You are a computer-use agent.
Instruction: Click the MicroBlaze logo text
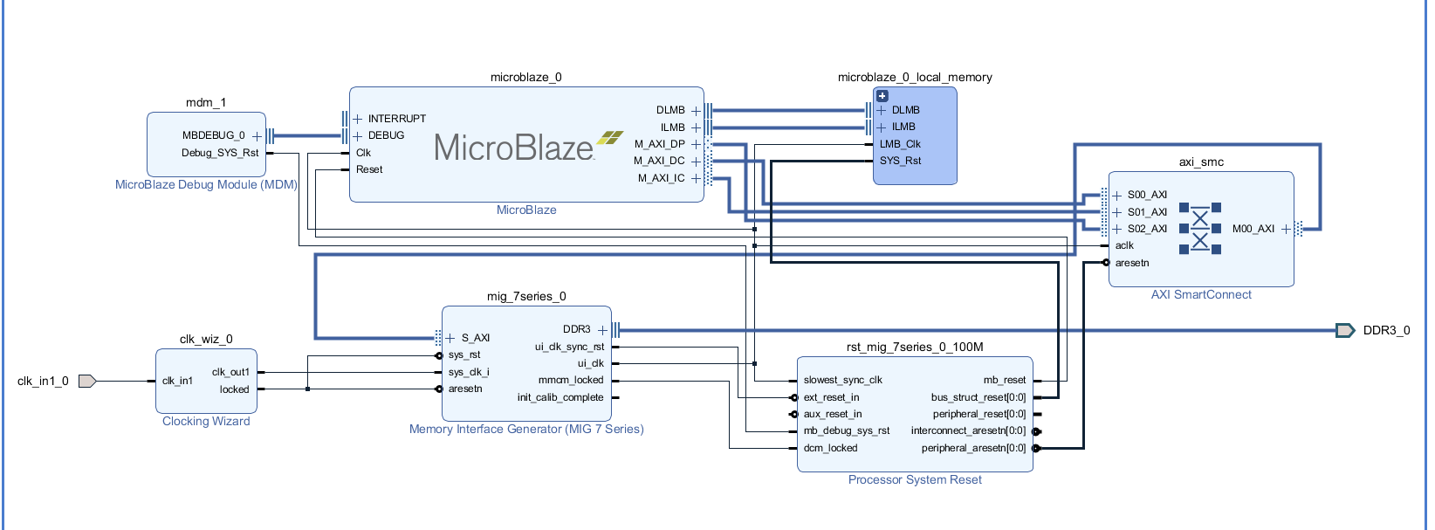(x=515, y=148)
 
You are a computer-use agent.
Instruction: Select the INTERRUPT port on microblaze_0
(x=396, y=119)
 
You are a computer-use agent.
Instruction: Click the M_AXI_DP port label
(x=659, y=144)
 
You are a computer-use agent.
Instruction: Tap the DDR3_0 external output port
(x=1345, y=330)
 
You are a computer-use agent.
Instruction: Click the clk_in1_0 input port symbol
(x=86, y=381)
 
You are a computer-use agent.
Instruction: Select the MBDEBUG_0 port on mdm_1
(x=213, y=135)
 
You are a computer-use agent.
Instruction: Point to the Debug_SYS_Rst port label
(x=220, y=153)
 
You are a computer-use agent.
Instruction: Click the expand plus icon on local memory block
(x=882, y=96)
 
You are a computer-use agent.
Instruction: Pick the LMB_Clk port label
(x=900, y=144)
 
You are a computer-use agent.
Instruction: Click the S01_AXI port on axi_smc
(x=1147, y=212)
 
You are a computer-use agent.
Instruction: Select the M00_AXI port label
(x=1253, y=229)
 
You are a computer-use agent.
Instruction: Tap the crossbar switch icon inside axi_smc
(x=1200, y=229)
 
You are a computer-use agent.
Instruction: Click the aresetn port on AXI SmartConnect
(x=1132, y=263)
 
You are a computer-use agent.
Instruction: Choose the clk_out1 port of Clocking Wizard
(x=230, y=372)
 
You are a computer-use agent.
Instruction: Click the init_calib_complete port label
(x=560, y=397)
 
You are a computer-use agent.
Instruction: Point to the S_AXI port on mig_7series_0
(x=476, y=338)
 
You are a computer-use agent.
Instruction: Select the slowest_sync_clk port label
(x=842, y=380)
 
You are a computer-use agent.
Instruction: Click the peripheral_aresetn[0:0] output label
(x=973, y=448)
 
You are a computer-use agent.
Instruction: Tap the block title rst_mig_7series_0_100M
(x=915, y=347)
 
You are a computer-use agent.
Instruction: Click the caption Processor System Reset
(x=915, y=479)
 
